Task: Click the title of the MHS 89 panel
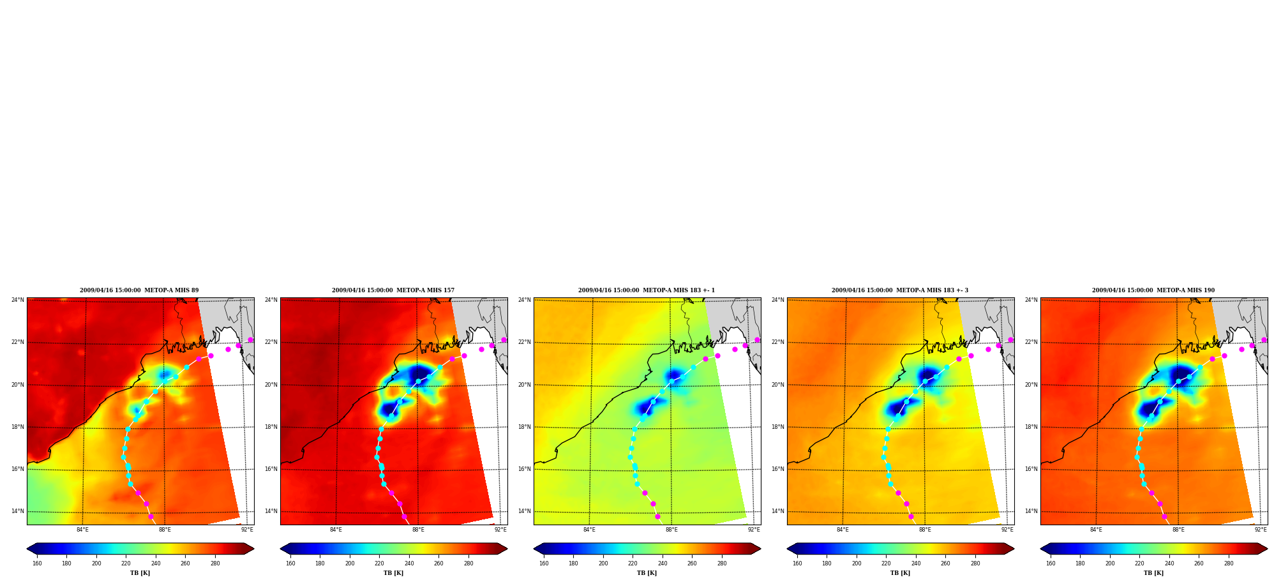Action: tap(139, 290)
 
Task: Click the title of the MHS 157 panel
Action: tap(393, 290)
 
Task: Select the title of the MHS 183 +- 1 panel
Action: tap(647, 290)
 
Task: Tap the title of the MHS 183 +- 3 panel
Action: tap(900, 290)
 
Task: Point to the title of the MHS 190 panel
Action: tap(1153, 290)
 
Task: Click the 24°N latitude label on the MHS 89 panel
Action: tap(18, 300)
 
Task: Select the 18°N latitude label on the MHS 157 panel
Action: tap(271, 427)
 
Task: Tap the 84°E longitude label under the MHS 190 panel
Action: tap(1096, 530)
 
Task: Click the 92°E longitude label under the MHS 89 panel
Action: tap(247, 530)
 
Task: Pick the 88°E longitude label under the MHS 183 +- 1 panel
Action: tap(671, 530)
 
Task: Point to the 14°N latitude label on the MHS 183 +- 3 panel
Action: tap(778, 511)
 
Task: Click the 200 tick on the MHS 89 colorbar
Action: tap(96, 563)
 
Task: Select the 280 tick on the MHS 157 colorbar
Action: tap(468, 563)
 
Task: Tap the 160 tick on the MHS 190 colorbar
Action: tap(1051, 563)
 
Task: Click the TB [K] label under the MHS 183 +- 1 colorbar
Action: tap(647, 573)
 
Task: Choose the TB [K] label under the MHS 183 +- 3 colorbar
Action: tap(900, 573)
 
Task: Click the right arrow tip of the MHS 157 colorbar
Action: tap(507, 548)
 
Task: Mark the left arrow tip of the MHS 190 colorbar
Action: tap(1040, 548)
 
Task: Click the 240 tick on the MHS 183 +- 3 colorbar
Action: tap(916, 563)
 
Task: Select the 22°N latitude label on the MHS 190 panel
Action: tap(1031, 342)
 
